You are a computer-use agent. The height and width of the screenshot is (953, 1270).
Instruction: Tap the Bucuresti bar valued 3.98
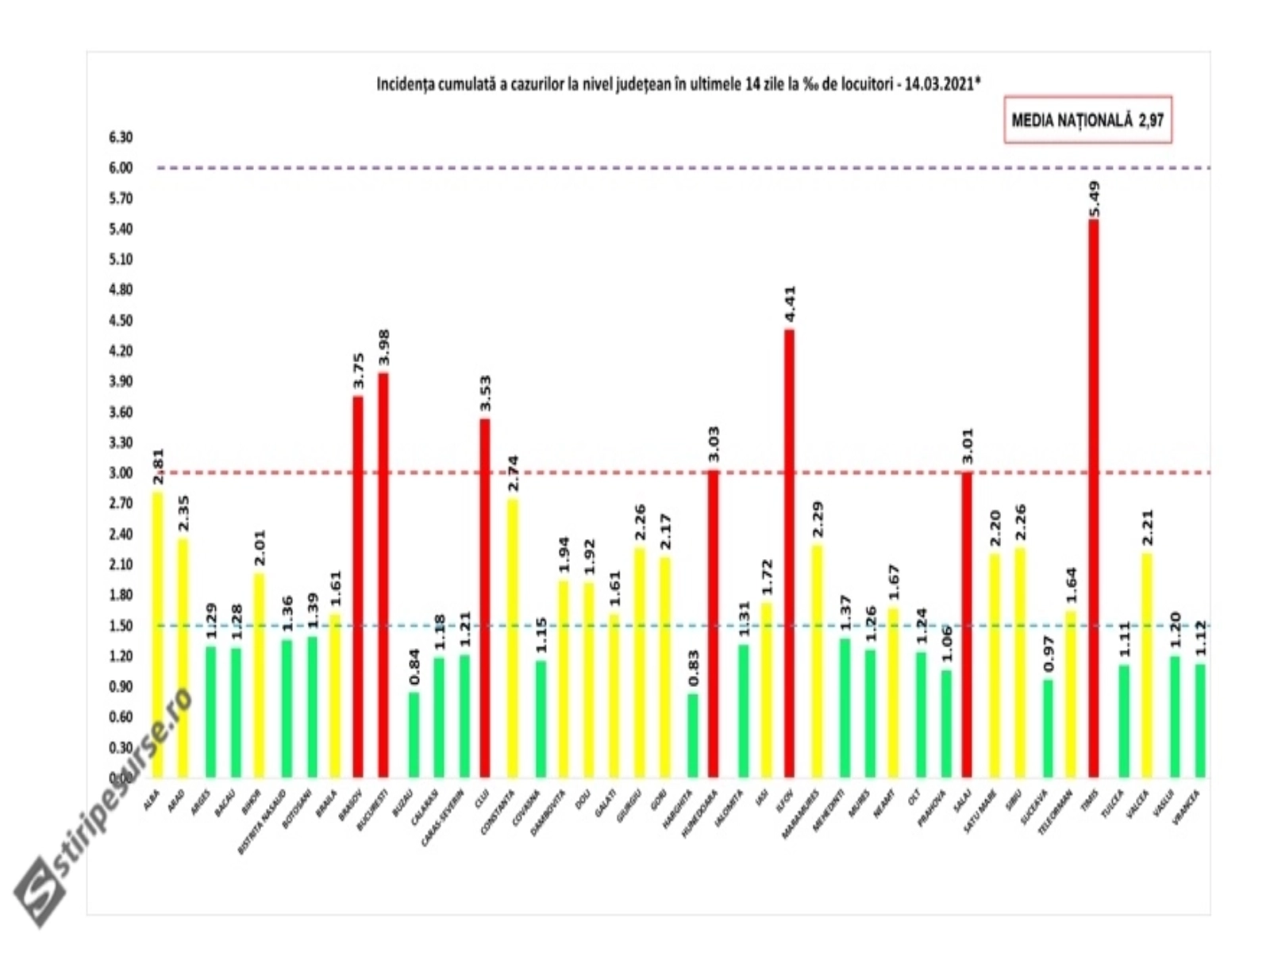pos(383,575)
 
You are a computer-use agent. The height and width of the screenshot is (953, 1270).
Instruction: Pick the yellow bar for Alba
pos(157,635)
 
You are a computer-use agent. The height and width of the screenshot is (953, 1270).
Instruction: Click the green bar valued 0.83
pos(693,735)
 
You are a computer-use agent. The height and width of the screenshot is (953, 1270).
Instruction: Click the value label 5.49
pos(1095,199)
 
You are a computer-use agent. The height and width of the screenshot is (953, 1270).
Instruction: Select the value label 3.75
pos(358,372)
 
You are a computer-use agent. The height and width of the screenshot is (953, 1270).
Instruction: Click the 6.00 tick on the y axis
pos(121,168)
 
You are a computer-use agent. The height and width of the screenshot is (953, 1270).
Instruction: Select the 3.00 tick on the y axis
pos(121,473)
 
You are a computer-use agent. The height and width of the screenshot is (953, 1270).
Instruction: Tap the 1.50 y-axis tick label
pos(121,626)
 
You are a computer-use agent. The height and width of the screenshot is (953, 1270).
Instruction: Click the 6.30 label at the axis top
pos(121,137)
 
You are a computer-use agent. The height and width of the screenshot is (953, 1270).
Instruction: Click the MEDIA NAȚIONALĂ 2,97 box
pos(1087,122)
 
